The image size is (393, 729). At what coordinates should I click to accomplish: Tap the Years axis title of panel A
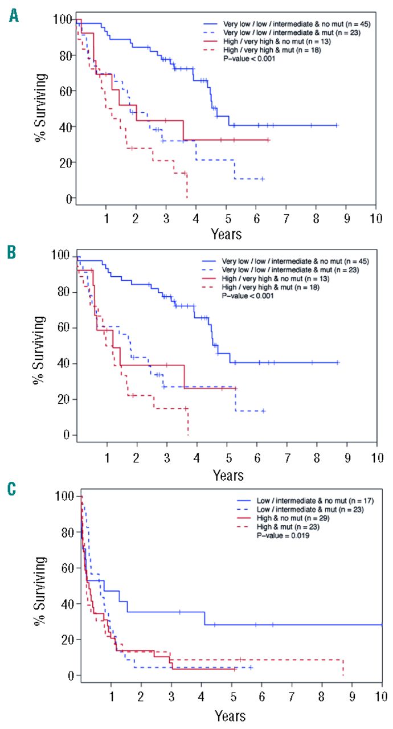[x=226, y=234]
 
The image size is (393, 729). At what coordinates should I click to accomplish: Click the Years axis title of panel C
[x=230, y=715]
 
